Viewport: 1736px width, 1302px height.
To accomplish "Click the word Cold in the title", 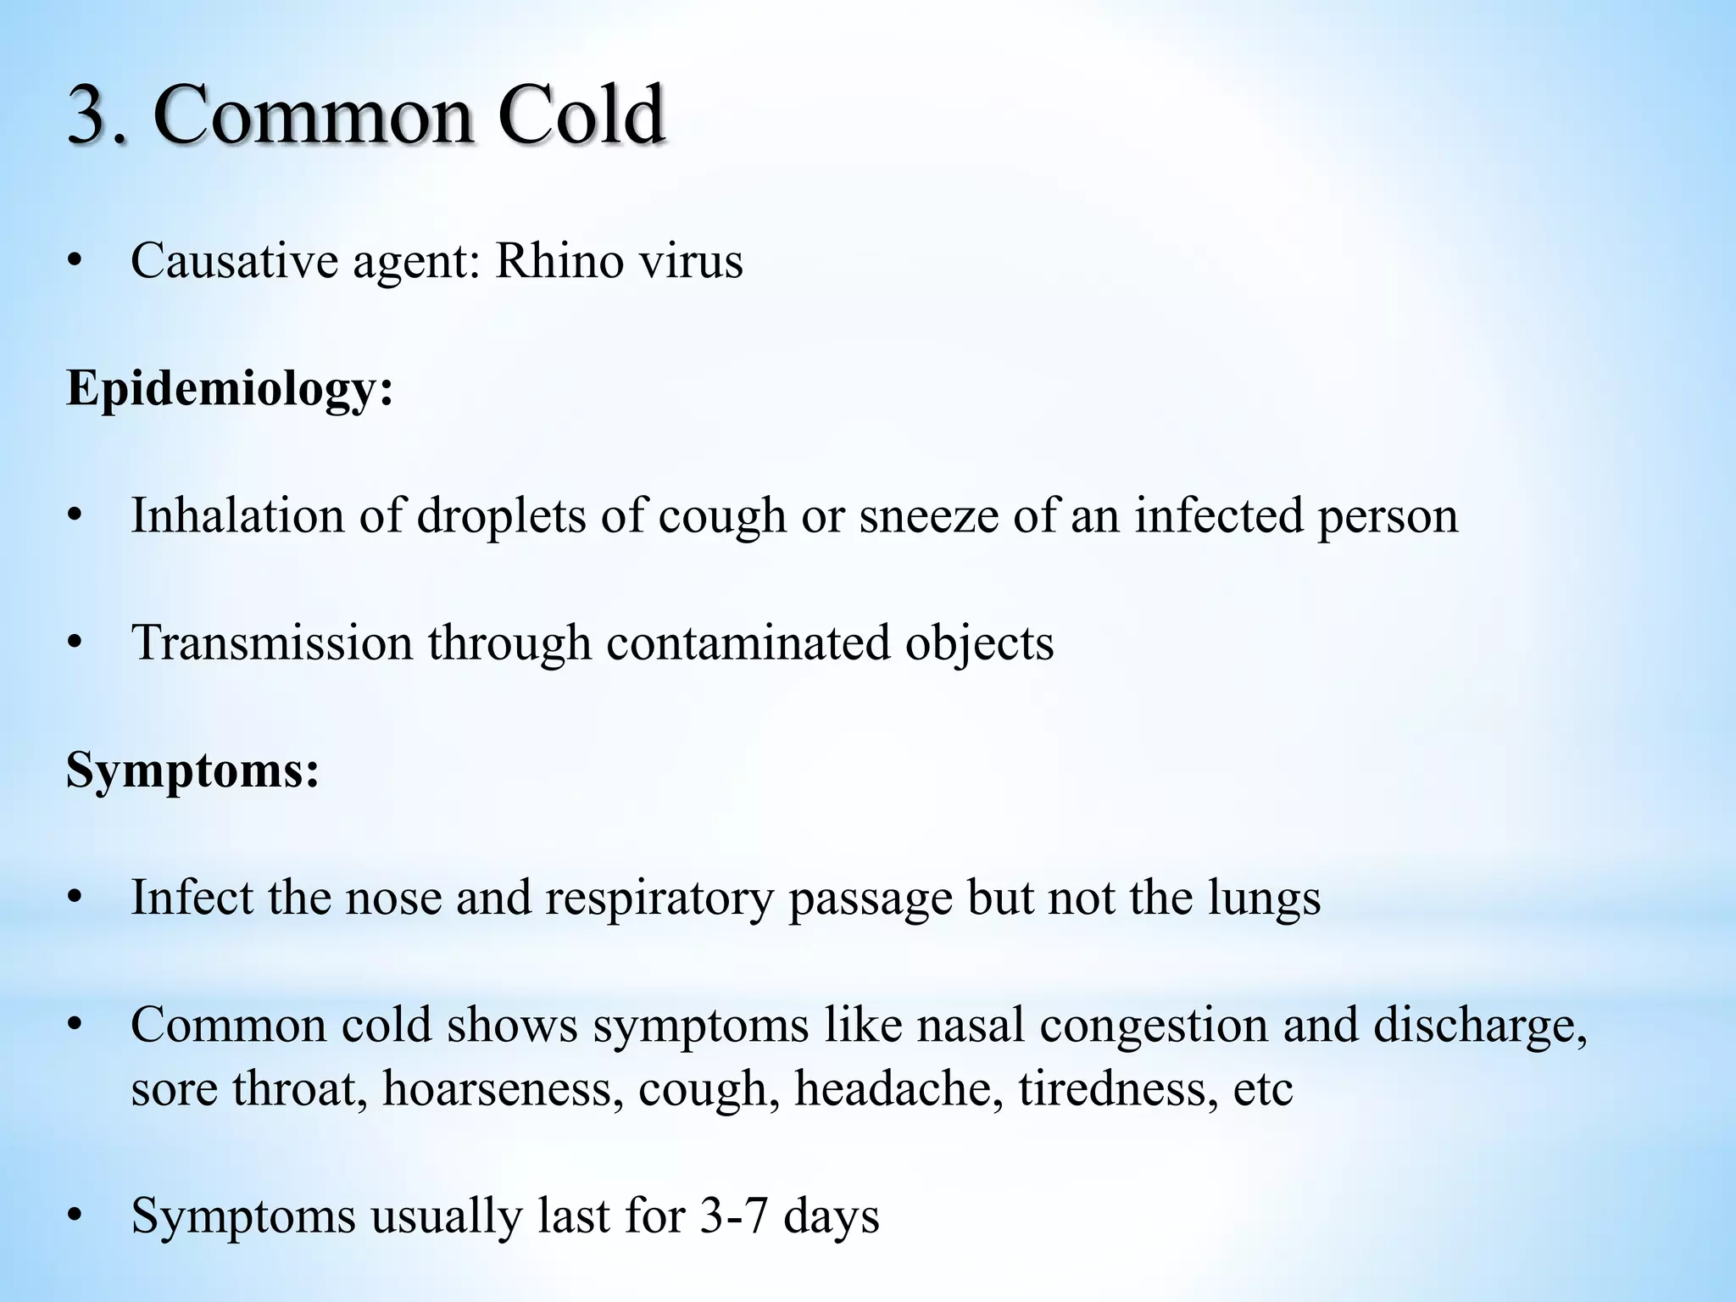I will point(580,115).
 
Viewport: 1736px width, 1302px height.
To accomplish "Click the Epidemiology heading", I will point(230,390).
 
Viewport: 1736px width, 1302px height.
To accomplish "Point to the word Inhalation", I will point(237,515).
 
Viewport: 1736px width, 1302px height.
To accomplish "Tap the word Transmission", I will point(271,643).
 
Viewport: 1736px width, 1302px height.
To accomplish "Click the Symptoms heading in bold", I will point(192,771).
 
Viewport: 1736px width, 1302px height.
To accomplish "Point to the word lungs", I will point(1264,899).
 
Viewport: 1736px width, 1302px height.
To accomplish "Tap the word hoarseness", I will point(497,1089).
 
